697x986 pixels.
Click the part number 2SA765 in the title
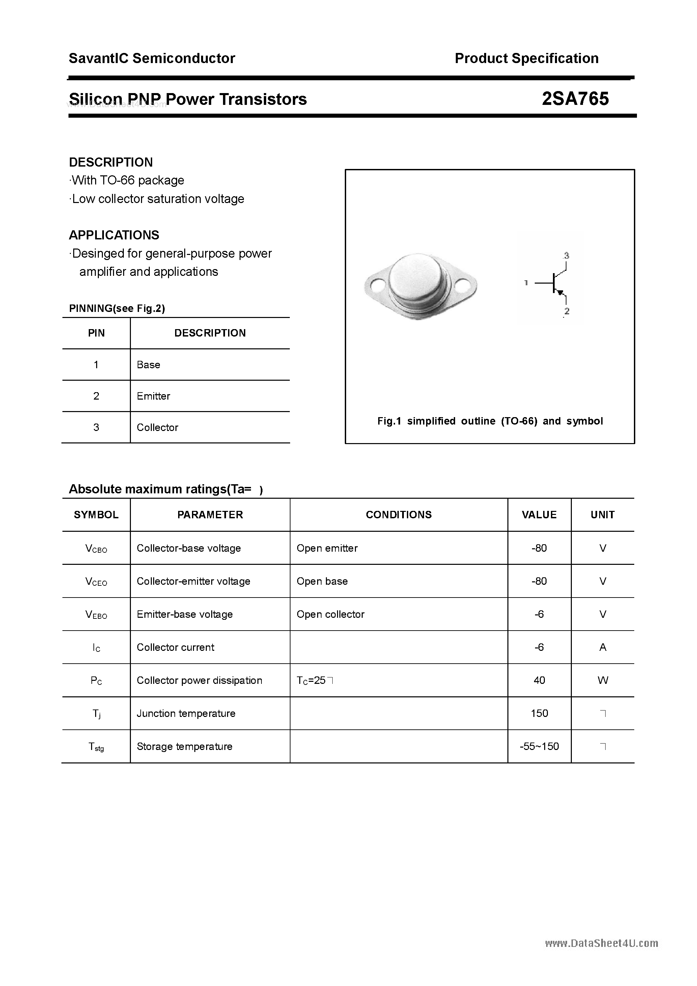575,99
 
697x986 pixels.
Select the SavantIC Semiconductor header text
152,58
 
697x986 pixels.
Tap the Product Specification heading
526,58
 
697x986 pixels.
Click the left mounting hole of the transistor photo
377,284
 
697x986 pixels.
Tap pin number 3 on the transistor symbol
566,256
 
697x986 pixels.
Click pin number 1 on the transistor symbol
526,283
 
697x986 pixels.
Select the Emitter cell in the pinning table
154,396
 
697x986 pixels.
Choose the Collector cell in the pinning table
157,427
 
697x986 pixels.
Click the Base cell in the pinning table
148,365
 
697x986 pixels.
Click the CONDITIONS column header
398,515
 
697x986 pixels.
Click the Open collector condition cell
330,614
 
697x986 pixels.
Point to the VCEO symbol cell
96,581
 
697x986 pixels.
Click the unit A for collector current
603,647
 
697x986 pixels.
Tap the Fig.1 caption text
490,421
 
